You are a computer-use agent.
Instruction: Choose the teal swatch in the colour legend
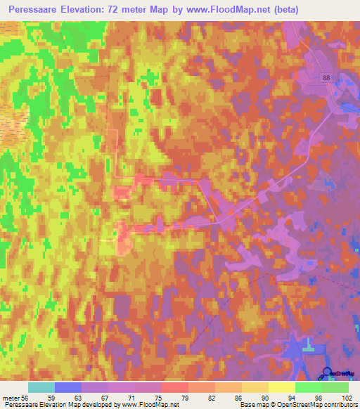coord(41,387)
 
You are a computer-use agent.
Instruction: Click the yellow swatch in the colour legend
coord(282,387)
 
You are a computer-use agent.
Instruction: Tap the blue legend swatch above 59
coord(68,387)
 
